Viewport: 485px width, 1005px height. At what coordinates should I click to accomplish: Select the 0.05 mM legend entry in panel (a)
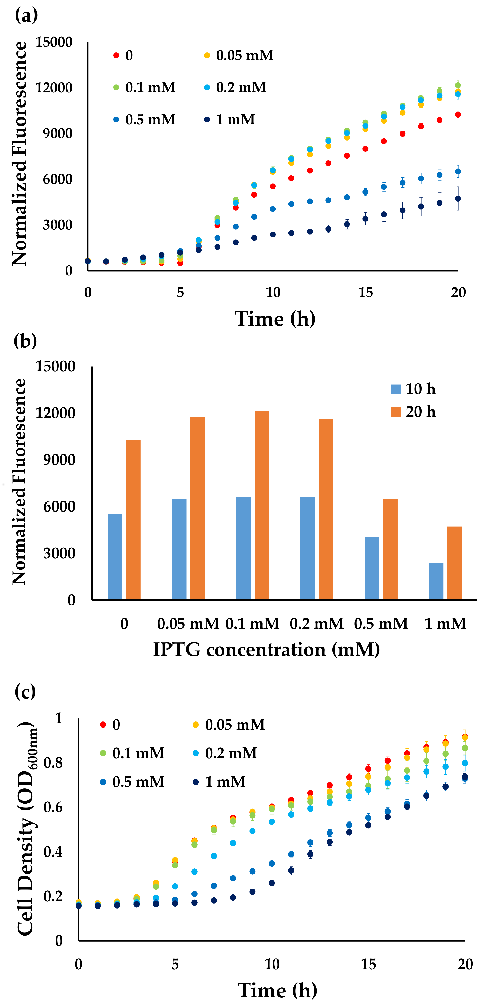click(239, 55)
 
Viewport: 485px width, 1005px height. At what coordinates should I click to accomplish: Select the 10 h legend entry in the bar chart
click(413, 389)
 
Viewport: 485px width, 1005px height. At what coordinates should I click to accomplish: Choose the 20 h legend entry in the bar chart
click(413, 412)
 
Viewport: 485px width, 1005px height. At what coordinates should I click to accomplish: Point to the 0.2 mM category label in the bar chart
click(317, 624)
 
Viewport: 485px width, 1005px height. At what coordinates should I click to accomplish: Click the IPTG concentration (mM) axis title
click(266, 650)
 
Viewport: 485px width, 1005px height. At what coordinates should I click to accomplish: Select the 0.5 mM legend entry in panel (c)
click(133, 782)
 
